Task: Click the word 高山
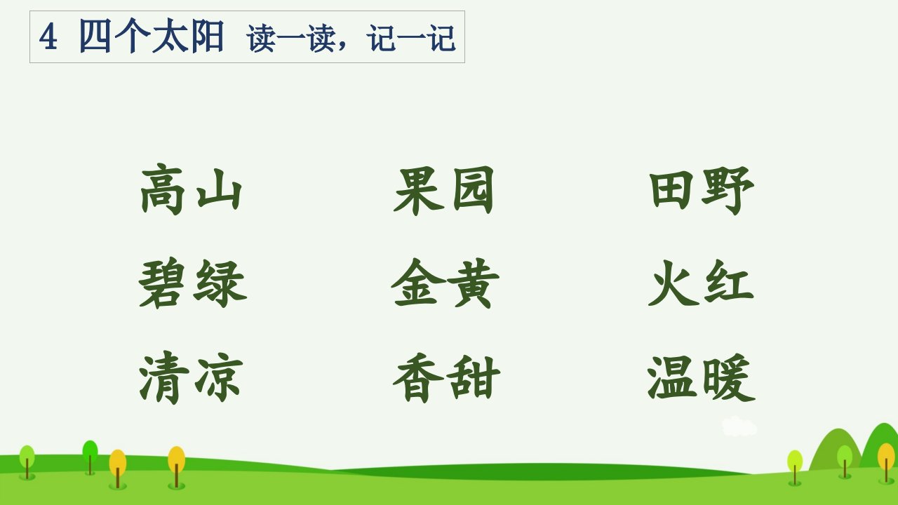tap(191, 189)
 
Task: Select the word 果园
tap(443, 191)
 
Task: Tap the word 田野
tap(702, 191)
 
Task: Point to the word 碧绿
tap(192, 283)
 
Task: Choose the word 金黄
tap(445, 283)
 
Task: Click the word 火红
tap(701, 283)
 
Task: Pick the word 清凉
tap(191, 377)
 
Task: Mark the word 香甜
tap(446, 378)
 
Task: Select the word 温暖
tap(702, 377)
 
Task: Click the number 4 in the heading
tap(48, 37)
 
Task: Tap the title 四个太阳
tap(152, 36)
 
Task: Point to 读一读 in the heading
tap(291, 38)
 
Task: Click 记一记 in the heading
tap(411, 38)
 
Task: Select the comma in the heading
tap(342, 45)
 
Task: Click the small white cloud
tap(739, 426)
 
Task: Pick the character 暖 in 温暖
tap(729, 377)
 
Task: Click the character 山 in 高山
tap(219, 189)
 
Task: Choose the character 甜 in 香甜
tap(474, 378)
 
